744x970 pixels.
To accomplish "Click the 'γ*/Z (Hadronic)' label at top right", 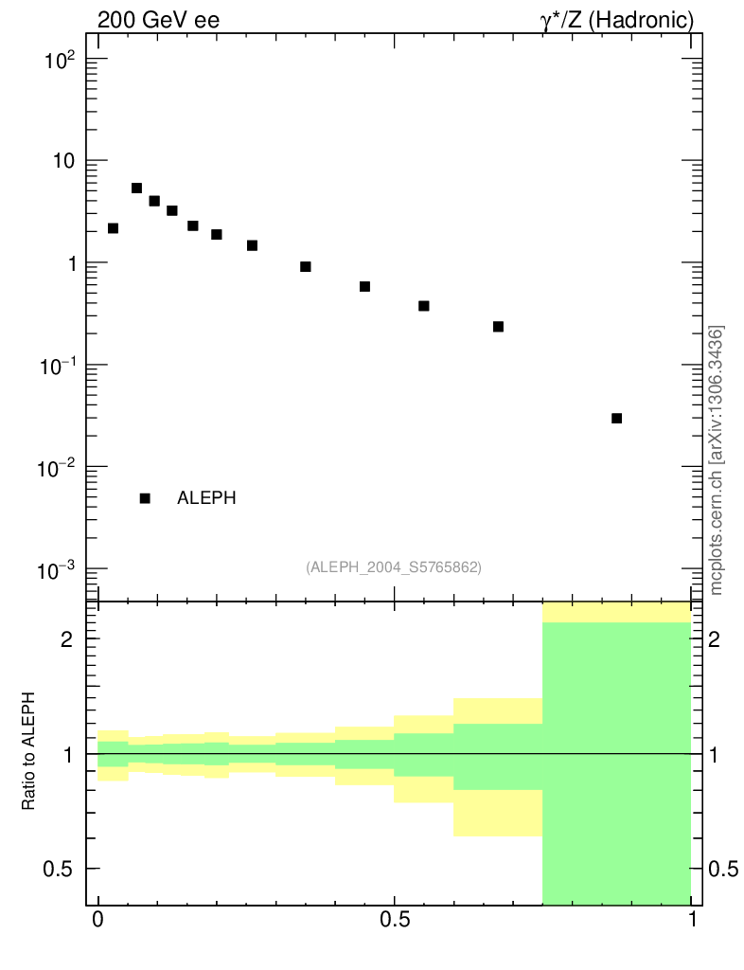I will [x=617, y=19].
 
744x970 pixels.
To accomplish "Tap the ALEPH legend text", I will [x=205, y=498].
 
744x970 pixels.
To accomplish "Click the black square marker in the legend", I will [x=145, y=498].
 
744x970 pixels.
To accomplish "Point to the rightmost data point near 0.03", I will [x=616, y=418].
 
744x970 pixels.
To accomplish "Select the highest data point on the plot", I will [x=136, y=189].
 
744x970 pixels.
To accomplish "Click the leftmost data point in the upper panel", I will [x=113, y=228].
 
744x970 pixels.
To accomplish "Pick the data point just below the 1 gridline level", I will [x=306, y=267].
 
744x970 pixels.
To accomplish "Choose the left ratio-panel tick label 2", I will [x=66, y=639].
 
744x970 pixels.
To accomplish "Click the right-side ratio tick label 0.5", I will [x=725, y=869].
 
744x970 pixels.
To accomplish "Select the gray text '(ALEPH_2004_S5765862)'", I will [x=394, y=567].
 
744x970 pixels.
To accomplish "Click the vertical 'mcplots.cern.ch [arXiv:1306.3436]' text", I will [x=717, y=460].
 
